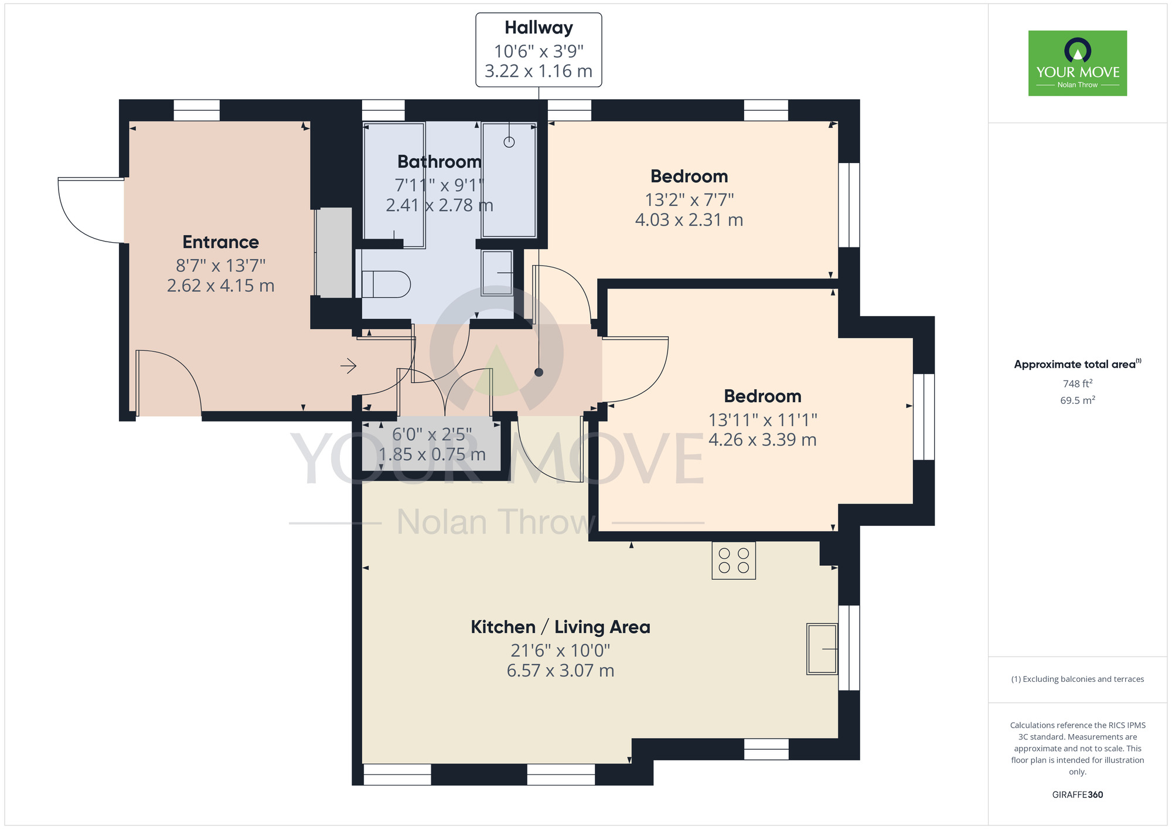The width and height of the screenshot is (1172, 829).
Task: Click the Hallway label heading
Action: (539, 28)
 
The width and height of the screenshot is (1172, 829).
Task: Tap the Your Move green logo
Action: (1077, 63)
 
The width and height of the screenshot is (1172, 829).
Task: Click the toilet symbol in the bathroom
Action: (386, 284)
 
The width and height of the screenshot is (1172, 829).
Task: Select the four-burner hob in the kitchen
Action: (734, 560)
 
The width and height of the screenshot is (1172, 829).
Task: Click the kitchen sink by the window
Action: (822, 649)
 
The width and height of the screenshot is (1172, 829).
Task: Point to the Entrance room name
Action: (220, 242)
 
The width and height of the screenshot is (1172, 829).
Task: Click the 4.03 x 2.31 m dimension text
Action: (689, 220)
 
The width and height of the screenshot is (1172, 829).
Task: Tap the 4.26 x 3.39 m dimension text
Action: (762, 440)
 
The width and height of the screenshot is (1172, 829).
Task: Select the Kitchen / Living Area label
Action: (560, 627)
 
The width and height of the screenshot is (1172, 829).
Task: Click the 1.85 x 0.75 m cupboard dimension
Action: (432, 454)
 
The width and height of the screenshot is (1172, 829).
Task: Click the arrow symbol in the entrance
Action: (349, 366)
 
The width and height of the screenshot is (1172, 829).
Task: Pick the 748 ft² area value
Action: (1077, 383)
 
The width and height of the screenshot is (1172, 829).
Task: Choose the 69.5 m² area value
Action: (1077, 400)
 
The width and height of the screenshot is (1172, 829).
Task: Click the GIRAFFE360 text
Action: (1077, 795)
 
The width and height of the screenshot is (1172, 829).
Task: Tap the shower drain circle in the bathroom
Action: (509, 142)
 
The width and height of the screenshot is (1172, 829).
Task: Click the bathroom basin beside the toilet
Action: (497, 273)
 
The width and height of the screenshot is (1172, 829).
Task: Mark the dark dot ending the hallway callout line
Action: (539, 372)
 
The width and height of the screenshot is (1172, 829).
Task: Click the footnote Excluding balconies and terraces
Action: (1077, 679)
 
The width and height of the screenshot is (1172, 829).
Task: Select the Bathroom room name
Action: (439, 162)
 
